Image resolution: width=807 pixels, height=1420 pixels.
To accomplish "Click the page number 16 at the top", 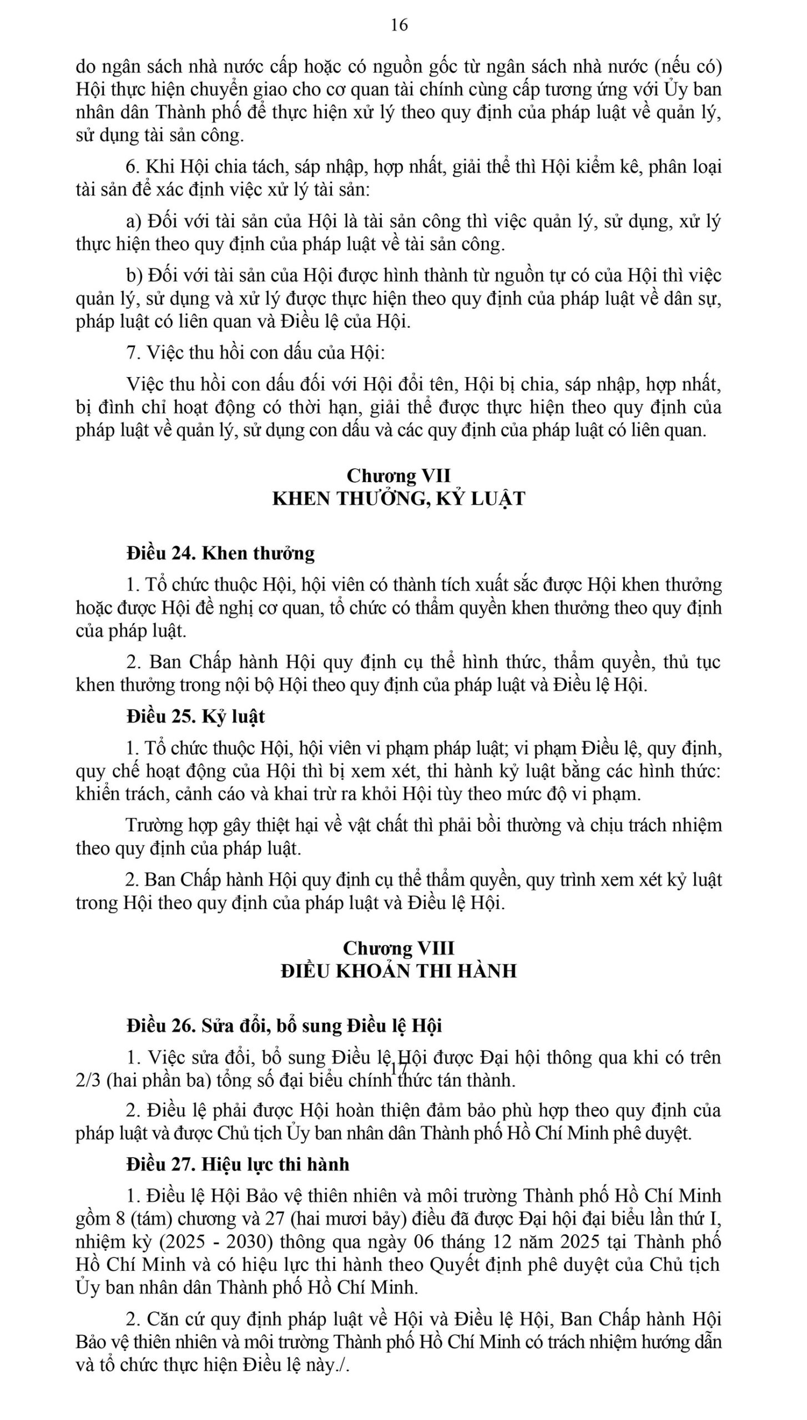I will click(399, 25).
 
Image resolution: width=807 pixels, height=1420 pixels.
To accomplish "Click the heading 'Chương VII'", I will click(399, 475).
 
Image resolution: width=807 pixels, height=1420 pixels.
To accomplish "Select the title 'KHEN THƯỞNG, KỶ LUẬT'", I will click(399, 499).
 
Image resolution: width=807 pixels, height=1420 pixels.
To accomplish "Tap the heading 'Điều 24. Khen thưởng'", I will click(220, 553).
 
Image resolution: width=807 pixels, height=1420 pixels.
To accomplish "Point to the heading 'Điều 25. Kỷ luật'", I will click(195, 717).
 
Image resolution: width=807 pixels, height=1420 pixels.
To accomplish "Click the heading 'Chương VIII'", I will click(399, 947).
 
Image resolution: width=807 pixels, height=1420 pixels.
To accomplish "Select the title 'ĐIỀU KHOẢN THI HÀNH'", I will click(399, 971).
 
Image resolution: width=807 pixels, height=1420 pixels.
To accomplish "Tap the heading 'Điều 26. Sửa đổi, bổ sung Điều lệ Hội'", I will click(284, 1026).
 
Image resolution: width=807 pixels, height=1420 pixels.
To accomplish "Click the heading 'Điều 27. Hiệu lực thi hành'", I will click(238, 1164).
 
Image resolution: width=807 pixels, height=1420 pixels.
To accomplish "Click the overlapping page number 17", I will click(399, 1068).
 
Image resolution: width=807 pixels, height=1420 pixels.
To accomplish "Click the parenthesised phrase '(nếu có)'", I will click(688, 67).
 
